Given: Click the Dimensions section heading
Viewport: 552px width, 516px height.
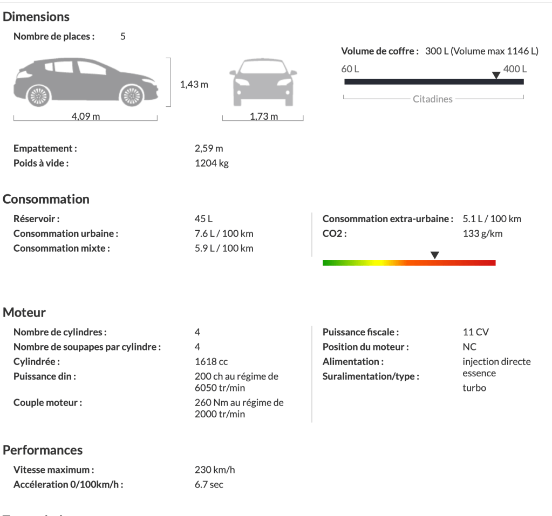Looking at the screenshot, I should pyautogui.click(x=36, y=17).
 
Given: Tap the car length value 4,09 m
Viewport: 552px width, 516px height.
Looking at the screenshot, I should pyautogui.click(x=86, y=118).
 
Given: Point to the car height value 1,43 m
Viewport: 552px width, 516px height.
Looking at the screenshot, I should pyautogui.click(x=194, y=85).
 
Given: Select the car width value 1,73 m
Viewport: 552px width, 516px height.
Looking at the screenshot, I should pyautogui.click(x=264, y=117).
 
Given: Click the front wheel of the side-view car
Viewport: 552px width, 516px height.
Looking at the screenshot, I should pyautogui.click(x=131, y=95).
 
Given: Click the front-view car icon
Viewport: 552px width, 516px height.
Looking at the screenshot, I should pyautogui.click(x=263, y=81).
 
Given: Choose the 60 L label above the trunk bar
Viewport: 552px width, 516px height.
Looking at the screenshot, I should pyautogui.click(x=350, y=69).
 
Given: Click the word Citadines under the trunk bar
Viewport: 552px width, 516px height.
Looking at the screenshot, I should pyautogui.click(x=433, y=99).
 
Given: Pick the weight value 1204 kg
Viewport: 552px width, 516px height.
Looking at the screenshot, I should pyautogui.click(x=212, y=163).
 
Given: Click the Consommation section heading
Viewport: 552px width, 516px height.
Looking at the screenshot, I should pyautogui.click(x=46, y=199).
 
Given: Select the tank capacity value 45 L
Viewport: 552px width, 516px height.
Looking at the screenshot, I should pyautogui.click(x=204, y=219).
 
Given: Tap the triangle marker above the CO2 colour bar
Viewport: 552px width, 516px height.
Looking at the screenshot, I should pyautogui.click(x=434, y=254).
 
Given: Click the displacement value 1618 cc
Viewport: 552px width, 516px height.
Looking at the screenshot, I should pyautogui.click(x=211, y=361).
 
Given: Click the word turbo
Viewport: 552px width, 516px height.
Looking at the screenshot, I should pyautogui.click(x=474, y=388).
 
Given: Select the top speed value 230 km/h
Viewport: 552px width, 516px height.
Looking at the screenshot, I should pyautogui.click(x=215, y=470).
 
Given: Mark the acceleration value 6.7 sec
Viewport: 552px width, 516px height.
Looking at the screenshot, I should pyautogui.click(x=209, y=484).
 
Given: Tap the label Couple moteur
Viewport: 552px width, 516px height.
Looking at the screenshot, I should pyautogui.click(x=47, y=402).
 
